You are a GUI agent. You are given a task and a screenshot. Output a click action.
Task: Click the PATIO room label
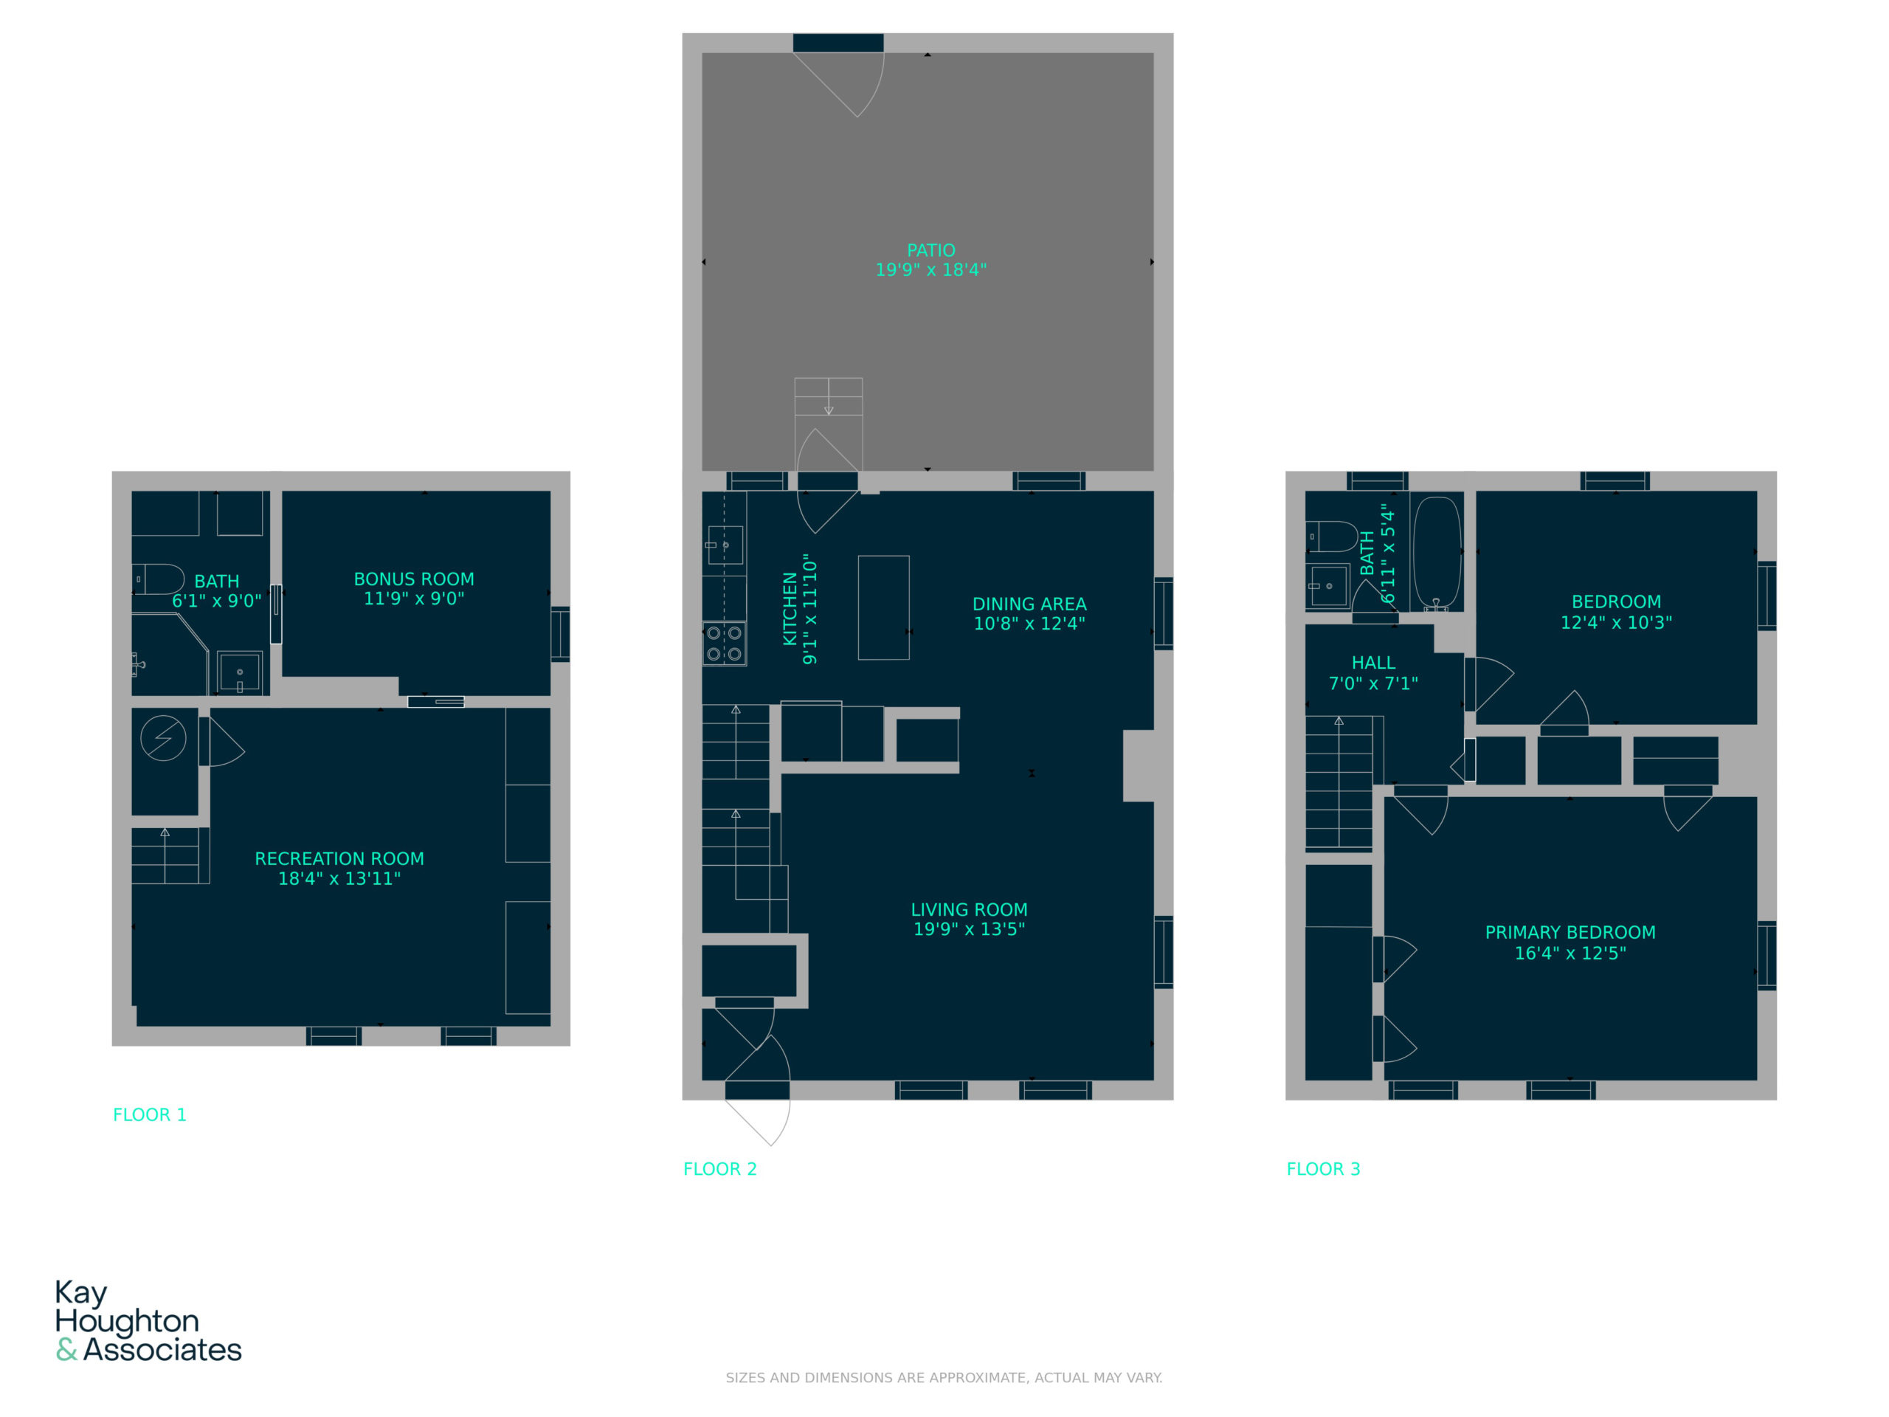[930, 250]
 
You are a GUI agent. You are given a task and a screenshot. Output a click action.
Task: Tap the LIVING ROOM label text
[970, 910]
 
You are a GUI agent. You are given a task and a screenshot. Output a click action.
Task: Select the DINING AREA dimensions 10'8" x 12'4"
[1029, 624]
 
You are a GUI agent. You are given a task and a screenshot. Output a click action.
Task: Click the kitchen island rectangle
[884, 607]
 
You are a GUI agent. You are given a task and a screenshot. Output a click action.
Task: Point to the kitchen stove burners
[724, 643]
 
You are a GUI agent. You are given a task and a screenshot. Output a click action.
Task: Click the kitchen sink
[725, 545]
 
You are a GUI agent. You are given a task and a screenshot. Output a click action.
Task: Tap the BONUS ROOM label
[414, 579]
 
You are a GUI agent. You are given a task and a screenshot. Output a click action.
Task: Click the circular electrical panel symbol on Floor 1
[163, 737]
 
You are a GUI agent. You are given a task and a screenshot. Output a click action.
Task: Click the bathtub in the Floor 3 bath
[1437, 554]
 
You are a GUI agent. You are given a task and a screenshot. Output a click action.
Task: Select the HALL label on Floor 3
[1373, 663]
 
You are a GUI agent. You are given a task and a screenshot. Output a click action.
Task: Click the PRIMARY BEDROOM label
[1570, 932]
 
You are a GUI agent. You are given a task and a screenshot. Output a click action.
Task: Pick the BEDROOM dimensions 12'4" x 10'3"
[1616, 623]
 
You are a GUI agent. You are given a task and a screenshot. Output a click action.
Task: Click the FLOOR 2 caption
[720, 1168]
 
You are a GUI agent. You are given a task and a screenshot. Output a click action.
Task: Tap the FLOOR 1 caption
[150, 1114]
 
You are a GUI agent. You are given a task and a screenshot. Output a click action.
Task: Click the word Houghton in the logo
[127, 1321]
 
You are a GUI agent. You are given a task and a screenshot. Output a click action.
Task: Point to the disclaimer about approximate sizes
[944, 1377]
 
